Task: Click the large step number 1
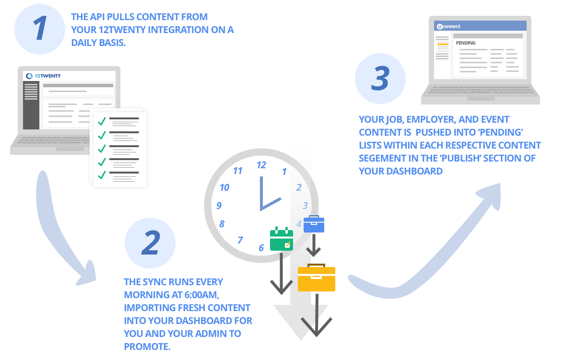click(40, 29)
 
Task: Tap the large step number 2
click(151, 243)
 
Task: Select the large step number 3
click(380, 79)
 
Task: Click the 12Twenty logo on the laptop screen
click(44, 76)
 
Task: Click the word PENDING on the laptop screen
click(466, 43)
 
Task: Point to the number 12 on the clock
click(261, 165)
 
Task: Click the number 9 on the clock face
click(219, 206)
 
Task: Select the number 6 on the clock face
click(261, 248)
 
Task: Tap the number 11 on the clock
click(237, 171)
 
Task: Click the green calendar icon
click(282, 239)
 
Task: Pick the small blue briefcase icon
click(314, 224)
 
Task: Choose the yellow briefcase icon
click(317, 278)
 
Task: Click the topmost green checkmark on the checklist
click(102, 121)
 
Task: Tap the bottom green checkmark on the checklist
click(102, 174)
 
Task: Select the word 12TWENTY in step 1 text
click(122, 30)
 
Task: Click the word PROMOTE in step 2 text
click(147, 346)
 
